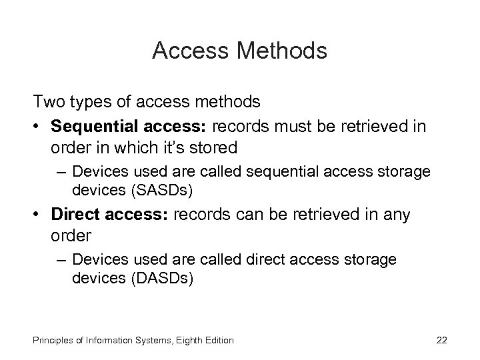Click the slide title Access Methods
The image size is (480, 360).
[x=239, y=51]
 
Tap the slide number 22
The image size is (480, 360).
[x=441, y=341]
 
